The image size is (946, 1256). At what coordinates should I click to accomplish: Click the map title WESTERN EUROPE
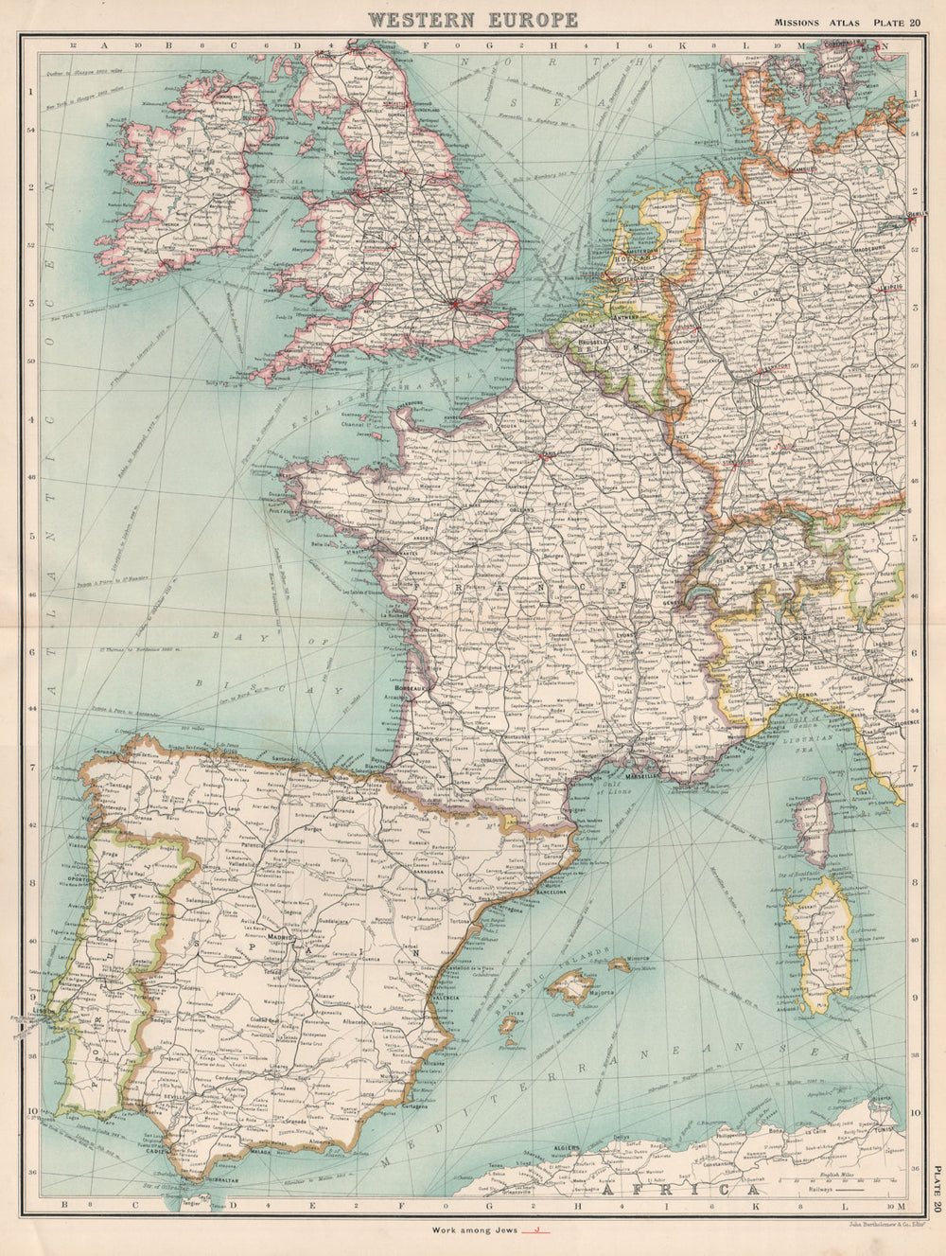pos(472,19)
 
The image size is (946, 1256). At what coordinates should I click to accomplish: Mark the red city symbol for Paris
pos(545,455)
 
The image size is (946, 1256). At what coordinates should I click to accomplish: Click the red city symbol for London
pos(456,304)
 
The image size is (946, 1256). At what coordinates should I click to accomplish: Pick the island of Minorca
pos(621,964)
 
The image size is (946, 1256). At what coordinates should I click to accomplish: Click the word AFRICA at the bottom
pos(647,1189)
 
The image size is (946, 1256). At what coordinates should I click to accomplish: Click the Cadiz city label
pos(157,1152)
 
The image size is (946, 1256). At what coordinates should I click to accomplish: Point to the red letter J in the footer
pos(536,1229)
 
